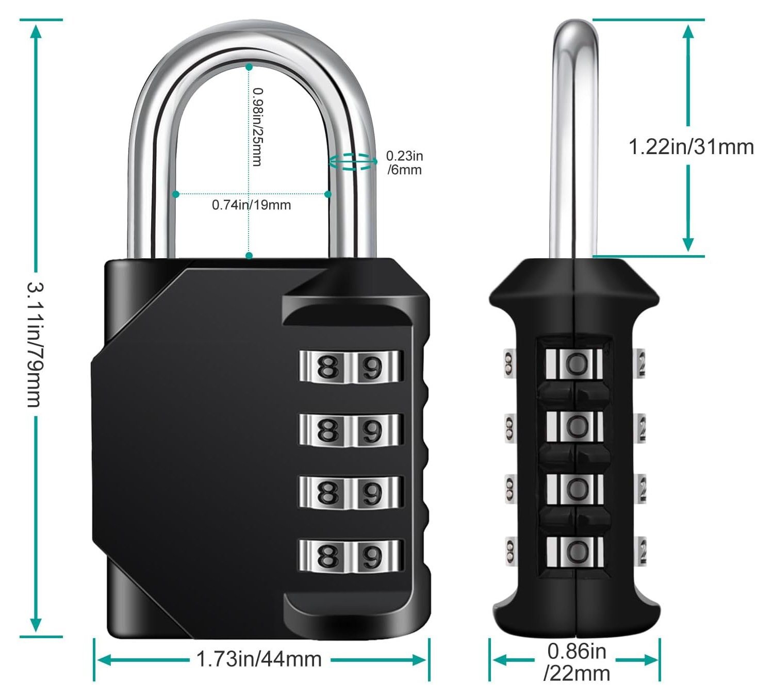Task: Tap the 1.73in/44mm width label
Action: (259, 659)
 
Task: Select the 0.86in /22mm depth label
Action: (577, 662)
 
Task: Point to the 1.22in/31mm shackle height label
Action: (691, 147)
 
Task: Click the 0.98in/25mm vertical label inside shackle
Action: (258, 127)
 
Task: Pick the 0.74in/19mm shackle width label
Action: (251, 205)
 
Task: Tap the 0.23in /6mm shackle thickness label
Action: (405, 162)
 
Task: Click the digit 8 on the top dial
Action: (328, 366)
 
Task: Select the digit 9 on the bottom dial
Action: (372, 556)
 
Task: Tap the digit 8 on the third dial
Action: (328, 493)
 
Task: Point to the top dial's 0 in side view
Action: (577, 363)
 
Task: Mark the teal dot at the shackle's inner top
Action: (249, 67)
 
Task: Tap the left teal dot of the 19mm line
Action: (176, 194)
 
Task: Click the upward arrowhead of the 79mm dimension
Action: (36, 31)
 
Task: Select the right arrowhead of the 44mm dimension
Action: (419, 660)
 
